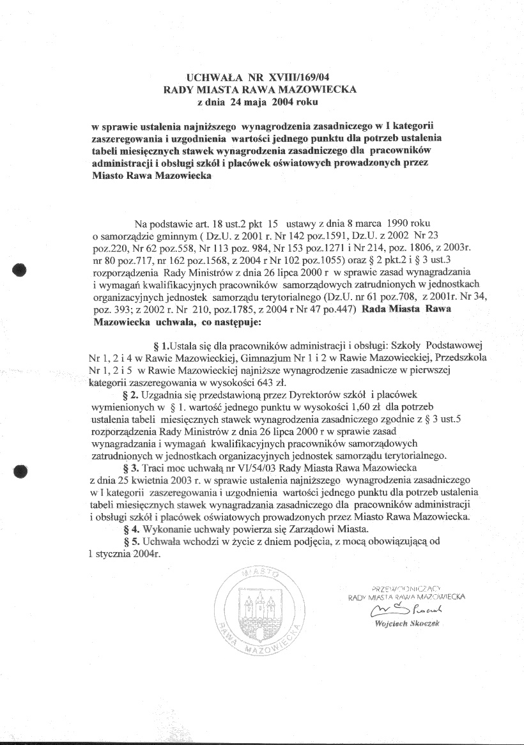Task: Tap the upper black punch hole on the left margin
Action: coord(20,269)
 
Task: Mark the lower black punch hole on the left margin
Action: coord(20,471)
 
